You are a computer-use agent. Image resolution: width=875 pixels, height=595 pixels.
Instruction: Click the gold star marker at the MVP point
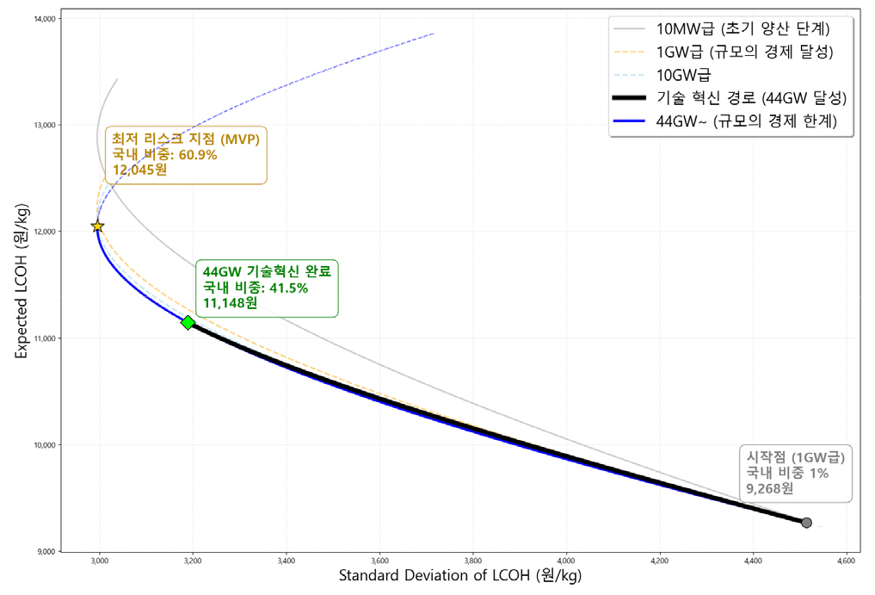point(98,226)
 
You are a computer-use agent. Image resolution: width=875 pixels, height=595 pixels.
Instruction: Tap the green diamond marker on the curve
point(188,322)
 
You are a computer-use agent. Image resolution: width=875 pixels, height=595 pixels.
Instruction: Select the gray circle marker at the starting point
point(806,523)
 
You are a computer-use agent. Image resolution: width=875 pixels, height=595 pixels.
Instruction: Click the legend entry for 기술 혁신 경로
point(730,98)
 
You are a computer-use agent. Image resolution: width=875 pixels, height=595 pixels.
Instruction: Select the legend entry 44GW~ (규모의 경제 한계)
point(725,121)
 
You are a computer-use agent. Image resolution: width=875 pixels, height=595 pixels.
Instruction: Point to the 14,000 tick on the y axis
point(45,19)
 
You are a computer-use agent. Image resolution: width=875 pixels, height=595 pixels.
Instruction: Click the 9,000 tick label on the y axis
point(46,552)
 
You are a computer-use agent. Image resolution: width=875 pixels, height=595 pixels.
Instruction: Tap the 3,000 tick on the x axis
point(99,561)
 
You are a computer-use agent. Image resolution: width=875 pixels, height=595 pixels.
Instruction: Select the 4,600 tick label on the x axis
point(846,561)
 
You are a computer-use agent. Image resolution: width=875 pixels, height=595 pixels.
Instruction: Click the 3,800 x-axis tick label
point(472,561)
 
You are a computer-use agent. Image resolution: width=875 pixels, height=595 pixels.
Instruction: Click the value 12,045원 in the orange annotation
point(139,170)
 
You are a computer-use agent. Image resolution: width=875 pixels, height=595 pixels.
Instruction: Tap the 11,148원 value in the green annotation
point(230,303)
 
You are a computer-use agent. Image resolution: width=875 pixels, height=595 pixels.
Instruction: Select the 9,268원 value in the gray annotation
point(769,489)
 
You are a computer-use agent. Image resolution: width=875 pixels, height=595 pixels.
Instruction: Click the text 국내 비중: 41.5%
point(255,288)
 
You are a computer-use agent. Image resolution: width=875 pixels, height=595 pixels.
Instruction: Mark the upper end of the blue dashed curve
point(434,34)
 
